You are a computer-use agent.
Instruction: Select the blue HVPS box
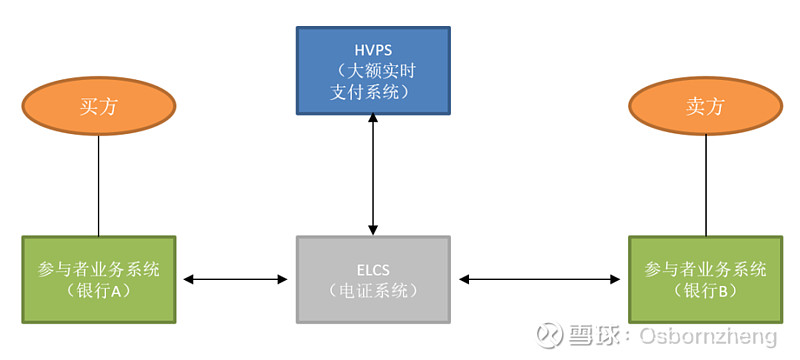[373, 70]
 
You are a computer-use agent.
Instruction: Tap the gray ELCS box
[373, 279]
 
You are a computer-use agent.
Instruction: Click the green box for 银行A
[98, 279]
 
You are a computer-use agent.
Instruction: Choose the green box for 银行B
[704, 279]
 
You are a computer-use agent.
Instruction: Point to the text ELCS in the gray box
[373, 268]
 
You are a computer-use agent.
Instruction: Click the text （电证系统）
[373, 291]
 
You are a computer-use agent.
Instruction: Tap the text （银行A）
[98, 291]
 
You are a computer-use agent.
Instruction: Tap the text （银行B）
[704, 291]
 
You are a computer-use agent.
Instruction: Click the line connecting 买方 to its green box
[98, 185]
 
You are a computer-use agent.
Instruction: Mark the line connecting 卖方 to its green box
[705, 185]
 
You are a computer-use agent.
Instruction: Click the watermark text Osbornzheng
[706, 335]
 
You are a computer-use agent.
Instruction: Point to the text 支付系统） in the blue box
[373, 92]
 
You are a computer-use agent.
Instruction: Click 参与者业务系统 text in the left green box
[98, 268]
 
